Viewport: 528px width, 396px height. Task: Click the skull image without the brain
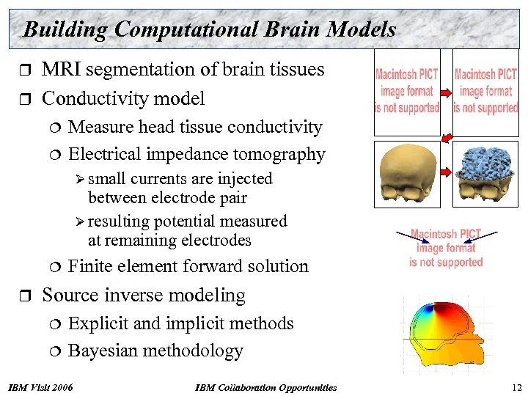404,175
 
